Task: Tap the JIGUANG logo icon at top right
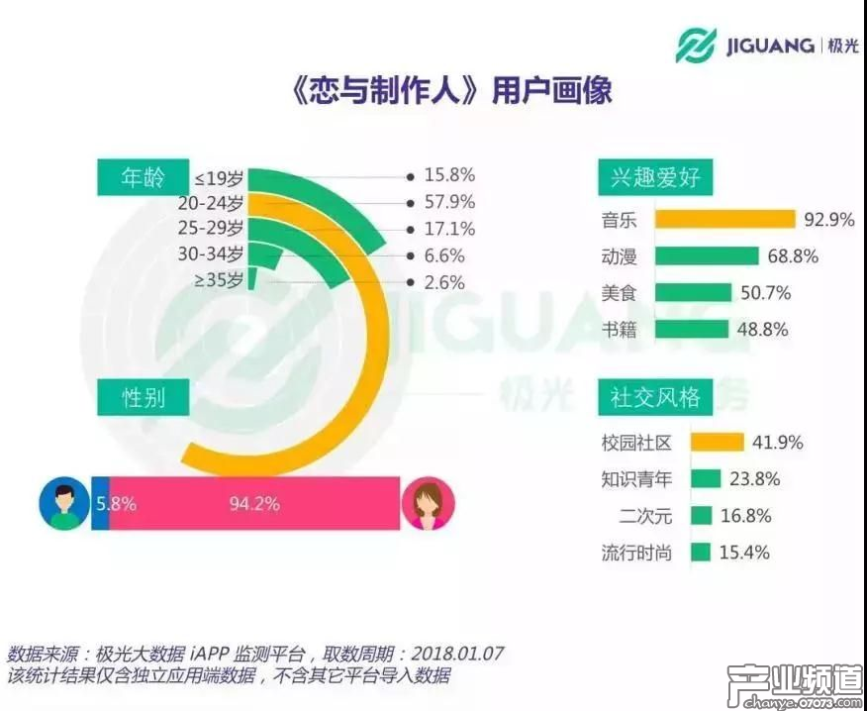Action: click(696, 46)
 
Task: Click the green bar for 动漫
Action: click(705, 256)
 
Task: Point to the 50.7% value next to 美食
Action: click(764, 293)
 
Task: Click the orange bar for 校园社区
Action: click(717, 443)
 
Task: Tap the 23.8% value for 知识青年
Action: click(754, 479)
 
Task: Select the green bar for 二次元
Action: click(702, 516)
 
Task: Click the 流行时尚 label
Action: click(635, 553)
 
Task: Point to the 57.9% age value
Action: click(448, 202)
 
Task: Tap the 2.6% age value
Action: click(444, 282)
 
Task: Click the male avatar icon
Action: click(63, 502)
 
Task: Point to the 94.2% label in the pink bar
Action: click(254, 503)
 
